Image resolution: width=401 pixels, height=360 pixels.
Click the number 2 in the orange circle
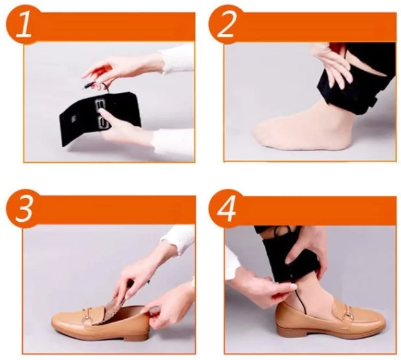[226, 25]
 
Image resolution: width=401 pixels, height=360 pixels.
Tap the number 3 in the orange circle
[24, 210]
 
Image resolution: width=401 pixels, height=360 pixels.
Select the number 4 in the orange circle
[226, 210]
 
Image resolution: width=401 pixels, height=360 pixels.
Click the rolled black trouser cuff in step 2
[356, 87]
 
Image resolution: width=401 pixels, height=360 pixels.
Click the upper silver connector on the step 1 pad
[101, 104]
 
